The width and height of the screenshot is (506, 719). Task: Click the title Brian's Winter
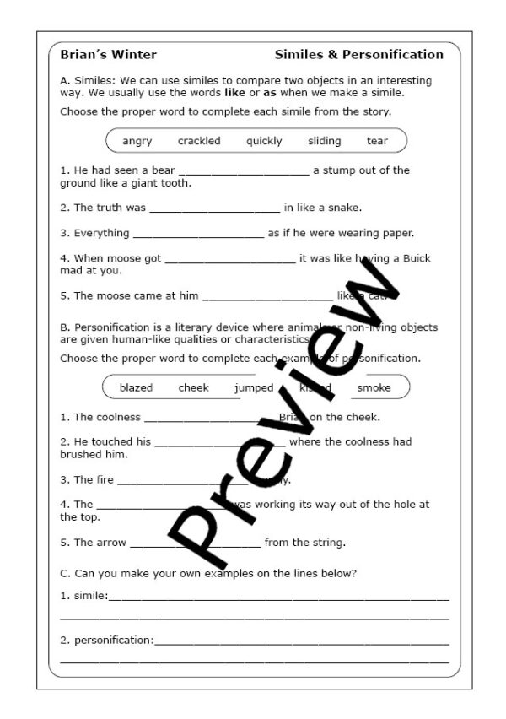click(108, 55)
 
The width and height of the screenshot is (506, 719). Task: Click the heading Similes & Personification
click(358, 55)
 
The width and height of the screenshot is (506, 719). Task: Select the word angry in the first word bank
click(137, 141)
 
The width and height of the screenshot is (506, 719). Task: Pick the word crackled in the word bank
click(199, 141)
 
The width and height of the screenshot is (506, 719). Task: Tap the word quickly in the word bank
click(264, 141)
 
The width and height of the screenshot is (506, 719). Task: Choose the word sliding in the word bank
click(324, 141)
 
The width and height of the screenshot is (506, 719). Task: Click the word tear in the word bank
click(377, 141)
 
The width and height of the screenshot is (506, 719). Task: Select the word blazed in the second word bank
click(136, 387)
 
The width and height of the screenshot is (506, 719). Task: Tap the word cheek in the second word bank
click(193, 387)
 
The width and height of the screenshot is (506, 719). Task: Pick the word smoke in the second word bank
click(374, 387)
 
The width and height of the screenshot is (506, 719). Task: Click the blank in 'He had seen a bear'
click(244, 172)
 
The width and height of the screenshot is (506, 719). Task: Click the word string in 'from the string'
click(328, 542)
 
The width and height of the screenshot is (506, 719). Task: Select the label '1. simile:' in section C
click(84, 596)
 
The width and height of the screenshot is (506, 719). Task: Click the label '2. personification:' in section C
click(107, 640)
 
